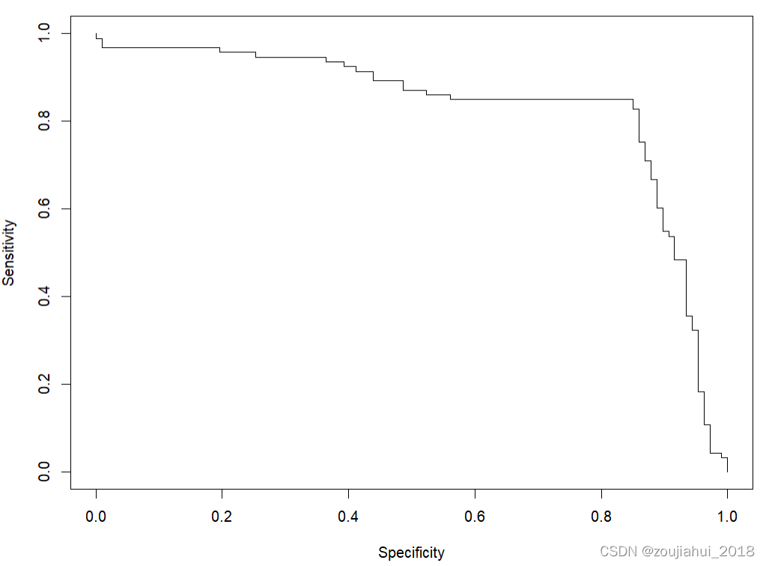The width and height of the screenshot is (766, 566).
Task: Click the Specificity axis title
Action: [x=411, y=553]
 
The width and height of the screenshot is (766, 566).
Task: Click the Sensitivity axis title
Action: [x=9, y=252]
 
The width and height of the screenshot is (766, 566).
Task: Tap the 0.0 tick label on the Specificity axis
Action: [x=96, y=516]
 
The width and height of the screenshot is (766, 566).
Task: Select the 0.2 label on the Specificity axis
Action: [x=222, y=516]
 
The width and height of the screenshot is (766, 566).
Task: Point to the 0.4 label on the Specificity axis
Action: [x=348, y=516]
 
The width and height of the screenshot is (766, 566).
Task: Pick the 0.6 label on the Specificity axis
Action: [x=475, y=516]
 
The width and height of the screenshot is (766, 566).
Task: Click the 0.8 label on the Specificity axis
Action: [x=601, y=516]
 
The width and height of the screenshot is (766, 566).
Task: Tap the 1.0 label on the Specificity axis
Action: [x=727, y=516]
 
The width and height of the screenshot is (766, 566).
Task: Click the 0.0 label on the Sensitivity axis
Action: [x=44, y=472]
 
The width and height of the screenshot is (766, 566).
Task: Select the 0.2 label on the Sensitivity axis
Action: [x=44, y=384]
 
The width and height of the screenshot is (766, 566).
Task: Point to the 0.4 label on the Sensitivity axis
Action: [x=44, y=296]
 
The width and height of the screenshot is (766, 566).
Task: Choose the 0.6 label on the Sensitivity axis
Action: [x=44, y=209]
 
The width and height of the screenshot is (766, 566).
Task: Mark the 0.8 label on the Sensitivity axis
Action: [x=44, y=121]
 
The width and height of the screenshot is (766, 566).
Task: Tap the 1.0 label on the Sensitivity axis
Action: [x=44, y=33]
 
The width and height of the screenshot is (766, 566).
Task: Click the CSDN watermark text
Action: [x=677, y=551]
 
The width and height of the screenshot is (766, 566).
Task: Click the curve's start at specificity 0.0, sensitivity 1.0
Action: [x=97, y=33]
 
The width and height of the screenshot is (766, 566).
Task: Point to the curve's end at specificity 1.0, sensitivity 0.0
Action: [x=727, y=472]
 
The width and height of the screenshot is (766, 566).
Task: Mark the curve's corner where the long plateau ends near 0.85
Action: [x=633, y=99]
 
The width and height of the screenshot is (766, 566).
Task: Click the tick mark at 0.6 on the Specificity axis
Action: [x=475, y=493]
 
